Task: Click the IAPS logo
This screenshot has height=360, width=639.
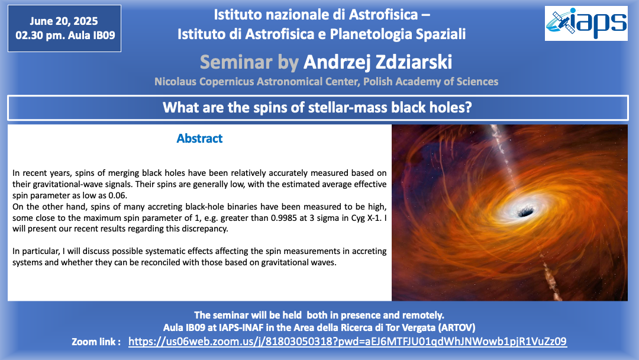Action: tap(586, 23)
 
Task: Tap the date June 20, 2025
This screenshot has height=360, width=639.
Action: tap(63, 21)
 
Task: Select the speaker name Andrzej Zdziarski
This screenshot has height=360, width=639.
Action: tap(377, 62)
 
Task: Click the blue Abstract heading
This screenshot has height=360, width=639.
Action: tap(199, 139)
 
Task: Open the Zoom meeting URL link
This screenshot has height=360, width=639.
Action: tap(347, 341)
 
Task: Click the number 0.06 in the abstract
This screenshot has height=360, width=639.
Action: tap(118, 195)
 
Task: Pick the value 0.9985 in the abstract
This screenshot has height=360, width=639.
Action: tap(283, 218)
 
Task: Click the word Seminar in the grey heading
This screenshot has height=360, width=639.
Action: tap(236, 62)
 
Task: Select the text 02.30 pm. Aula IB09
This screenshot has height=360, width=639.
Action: tap(65, 36)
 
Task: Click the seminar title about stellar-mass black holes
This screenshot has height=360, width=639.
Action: tap(317, 108)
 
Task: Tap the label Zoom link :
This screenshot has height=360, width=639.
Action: tap(96, 342)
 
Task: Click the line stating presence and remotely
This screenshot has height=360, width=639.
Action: tap(319, 315)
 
